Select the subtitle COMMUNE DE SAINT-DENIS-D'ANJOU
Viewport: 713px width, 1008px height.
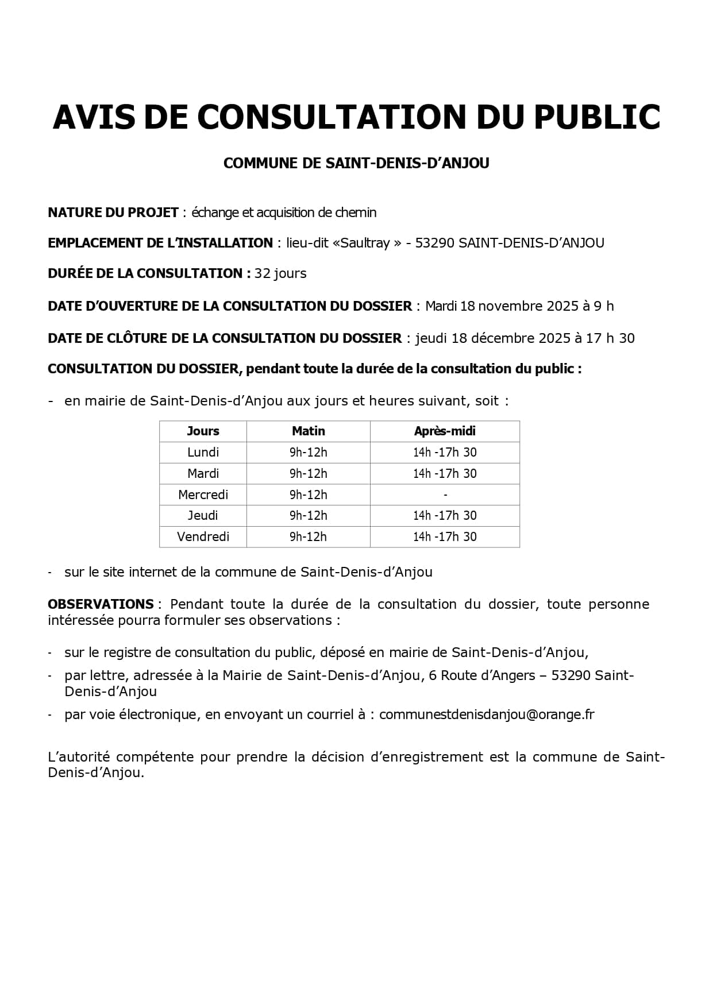click(x=356, y=164)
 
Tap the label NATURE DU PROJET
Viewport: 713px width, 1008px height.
click(x=113, y=213)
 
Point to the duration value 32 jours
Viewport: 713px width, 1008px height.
click(x=280, y=273)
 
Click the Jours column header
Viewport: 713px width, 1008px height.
click(x=203, y=431)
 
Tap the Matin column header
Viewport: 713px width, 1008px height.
click(x=309, y=431)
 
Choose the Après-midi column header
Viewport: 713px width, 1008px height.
click(x=445, y=431)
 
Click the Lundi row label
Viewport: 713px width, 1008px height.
click(x=203, y=453)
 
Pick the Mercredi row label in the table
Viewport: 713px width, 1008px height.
click(x=203, y=495)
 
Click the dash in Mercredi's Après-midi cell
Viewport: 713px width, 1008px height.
click(x=445, y=495)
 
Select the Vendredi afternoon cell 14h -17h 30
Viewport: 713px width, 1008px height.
click(x=445, y=537)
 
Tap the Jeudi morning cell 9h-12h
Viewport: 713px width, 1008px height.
click(x=309, y=516)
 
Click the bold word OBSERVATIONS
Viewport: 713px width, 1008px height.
click(x=101, y=604)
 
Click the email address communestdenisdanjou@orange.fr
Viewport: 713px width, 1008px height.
click(x=487, y=715)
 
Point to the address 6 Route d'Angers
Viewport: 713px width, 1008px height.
click(x=482, y=675)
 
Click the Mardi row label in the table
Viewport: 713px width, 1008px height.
click(x=203, y=474)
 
